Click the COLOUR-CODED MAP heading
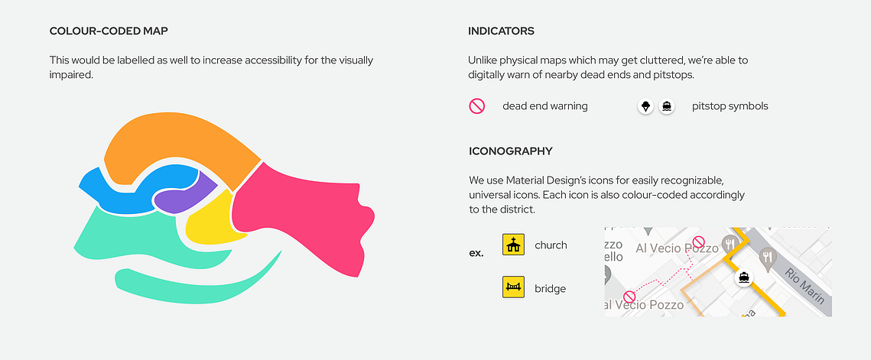point(109,31)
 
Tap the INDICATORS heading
point(501,31)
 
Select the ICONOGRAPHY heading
point(511,151)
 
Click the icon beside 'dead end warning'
point(477,106)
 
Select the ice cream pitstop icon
point(645,106)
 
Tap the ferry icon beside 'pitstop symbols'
point(667,106)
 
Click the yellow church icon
point(513,245)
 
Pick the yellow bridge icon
point(513,287)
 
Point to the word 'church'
point(551,245)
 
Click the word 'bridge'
point(551,288)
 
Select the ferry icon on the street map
point(743,277)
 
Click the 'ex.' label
point(476,253)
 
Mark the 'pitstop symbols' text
point(730,106)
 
